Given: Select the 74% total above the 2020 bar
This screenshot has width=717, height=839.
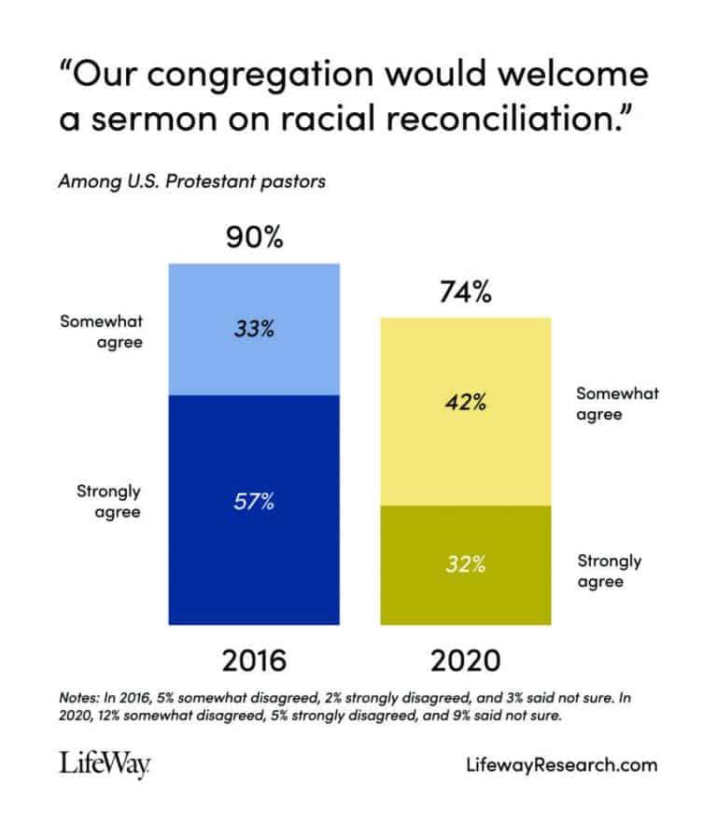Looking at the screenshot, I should (465, 292).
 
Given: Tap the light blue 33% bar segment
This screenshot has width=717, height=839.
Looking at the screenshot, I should (254, 329).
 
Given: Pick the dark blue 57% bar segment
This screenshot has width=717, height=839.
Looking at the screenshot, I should (254, 509).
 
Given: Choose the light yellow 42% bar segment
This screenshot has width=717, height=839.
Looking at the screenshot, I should (465, 411).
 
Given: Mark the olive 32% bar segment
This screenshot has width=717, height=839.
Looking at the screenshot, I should (465, 564).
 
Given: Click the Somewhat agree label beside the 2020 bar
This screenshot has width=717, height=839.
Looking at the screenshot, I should (617, 404).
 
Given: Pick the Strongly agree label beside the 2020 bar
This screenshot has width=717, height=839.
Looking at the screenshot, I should (610, 571).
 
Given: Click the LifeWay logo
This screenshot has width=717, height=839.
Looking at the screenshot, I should (105, 765).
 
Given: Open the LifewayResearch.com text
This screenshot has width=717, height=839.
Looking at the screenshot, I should (560, 765).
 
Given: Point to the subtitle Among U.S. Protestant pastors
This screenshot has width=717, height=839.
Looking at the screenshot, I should (191, 181).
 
